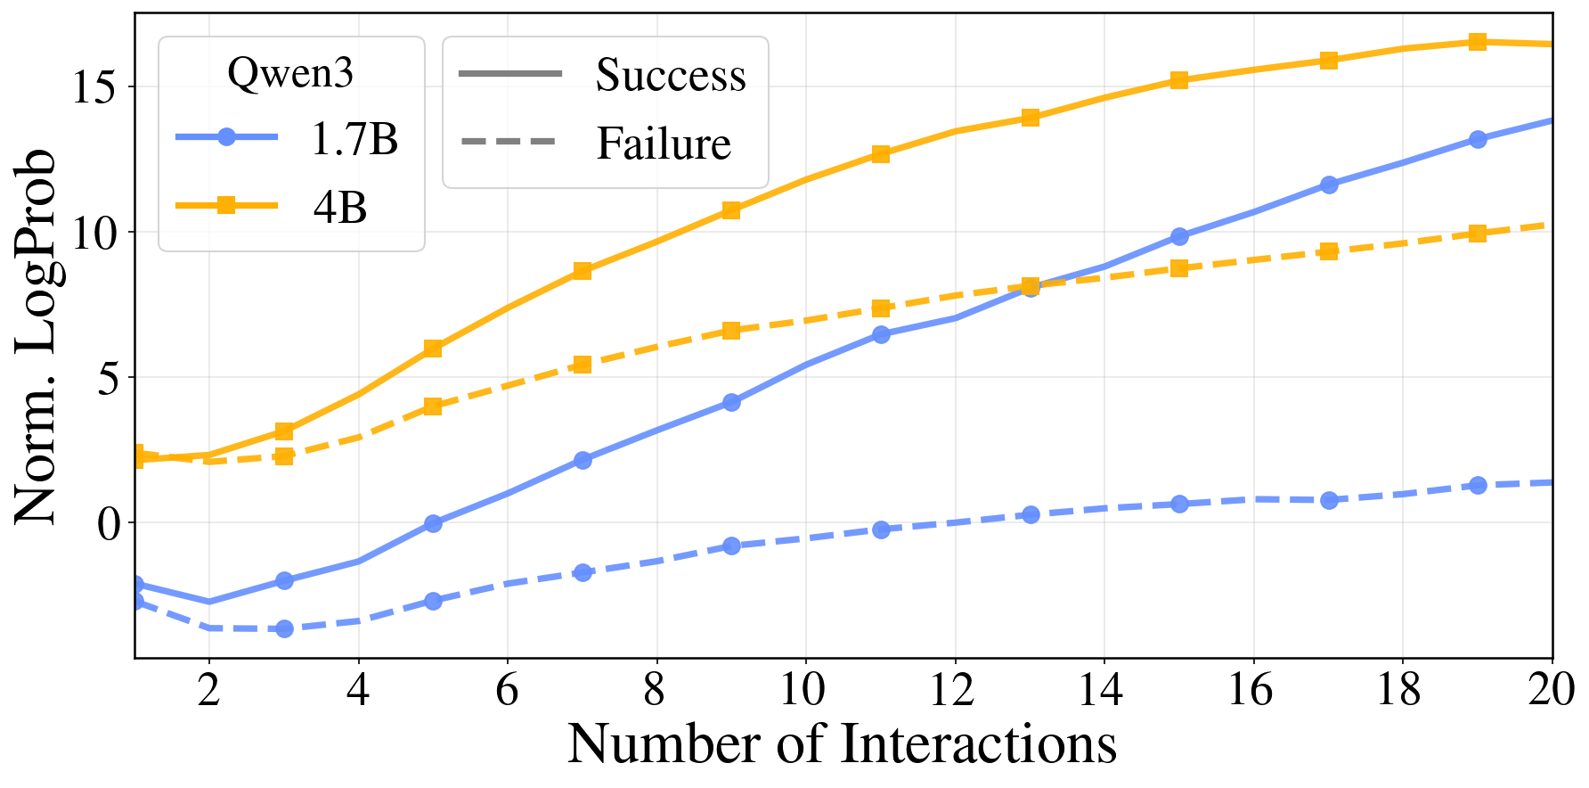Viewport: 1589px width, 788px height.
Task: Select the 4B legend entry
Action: [339, 207]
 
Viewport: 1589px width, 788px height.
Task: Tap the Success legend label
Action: [670, 75]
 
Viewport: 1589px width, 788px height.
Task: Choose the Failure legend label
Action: [663, 144]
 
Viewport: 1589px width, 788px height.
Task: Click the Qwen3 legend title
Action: [290, 73]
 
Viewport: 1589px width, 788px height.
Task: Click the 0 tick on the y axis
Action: [108, 522]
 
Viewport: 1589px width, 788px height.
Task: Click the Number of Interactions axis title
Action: [842, 744]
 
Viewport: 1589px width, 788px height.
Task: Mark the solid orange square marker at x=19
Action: [1478, 42]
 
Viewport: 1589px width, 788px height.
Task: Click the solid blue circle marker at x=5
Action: [433, 523]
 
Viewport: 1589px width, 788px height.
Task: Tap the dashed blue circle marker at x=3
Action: [284, 628]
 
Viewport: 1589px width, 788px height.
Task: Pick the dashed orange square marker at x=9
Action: [731, 331]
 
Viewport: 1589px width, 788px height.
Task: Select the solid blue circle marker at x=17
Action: [1329, 185]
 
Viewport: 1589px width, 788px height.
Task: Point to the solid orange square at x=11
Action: [881, 154]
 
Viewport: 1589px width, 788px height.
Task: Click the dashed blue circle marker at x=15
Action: [1179, 504]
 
